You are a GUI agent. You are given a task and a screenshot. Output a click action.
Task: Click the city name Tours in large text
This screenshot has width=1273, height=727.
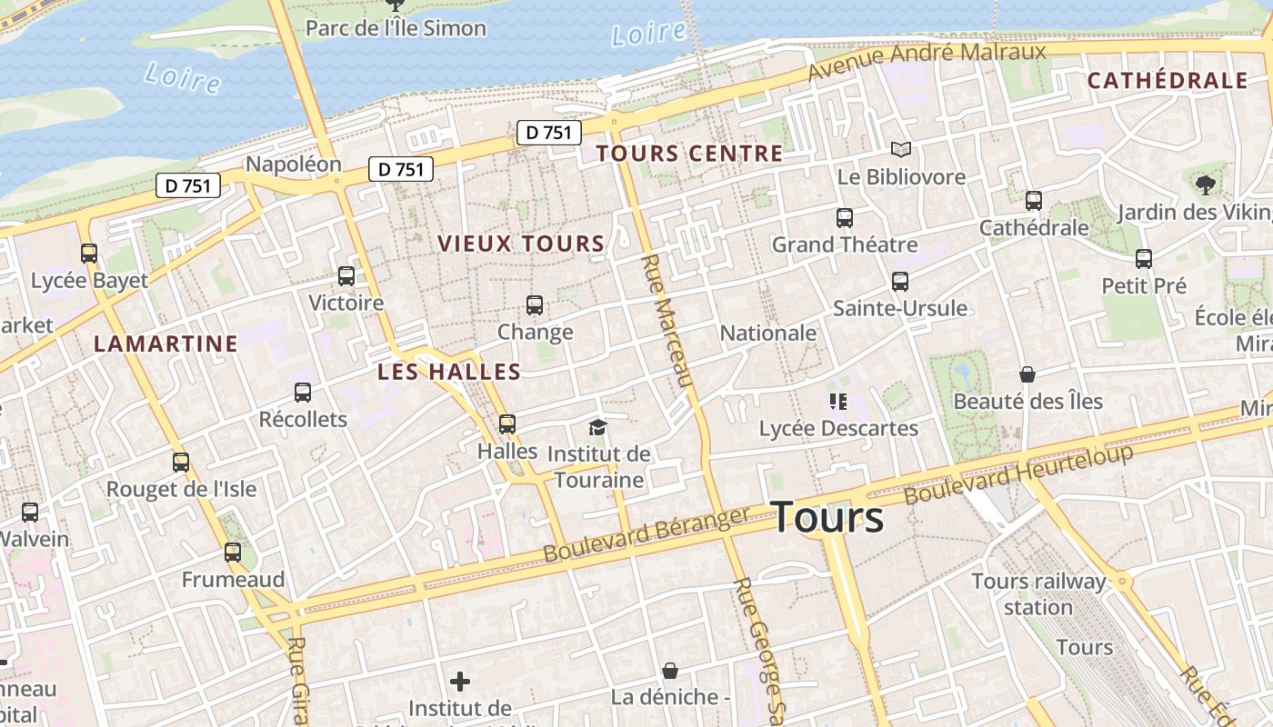(x=827, y=517)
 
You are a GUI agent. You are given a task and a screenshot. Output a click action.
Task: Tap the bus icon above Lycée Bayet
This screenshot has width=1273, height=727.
(x=88, y=254)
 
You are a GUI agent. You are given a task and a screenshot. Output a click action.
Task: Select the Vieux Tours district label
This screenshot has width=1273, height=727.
(x=521, y=244)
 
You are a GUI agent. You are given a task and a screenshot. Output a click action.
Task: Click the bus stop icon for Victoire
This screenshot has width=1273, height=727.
(x=346, y=276)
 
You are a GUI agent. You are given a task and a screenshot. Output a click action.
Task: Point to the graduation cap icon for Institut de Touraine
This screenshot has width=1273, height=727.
(x=597, y=427)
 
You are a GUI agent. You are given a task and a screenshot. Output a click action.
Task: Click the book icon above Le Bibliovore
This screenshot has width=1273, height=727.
(x=900, y=150)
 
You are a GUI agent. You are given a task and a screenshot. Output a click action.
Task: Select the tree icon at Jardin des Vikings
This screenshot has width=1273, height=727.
(x=1206, y=186)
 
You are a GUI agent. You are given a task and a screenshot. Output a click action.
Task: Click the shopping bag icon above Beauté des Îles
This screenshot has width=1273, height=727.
(x=1027, y=374)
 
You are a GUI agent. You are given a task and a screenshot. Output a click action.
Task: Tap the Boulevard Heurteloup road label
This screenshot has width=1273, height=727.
(x=1018, y=474)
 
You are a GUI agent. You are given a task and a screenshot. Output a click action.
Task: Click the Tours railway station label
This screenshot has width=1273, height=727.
(x=1038, y=593)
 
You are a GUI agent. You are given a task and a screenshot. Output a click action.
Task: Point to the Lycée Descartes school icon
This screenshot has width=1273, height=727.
(x=837, y=401)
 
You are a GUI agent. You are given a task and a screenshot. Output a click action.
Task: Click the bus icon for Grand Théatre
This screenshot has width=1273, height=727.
(x=844, y=218)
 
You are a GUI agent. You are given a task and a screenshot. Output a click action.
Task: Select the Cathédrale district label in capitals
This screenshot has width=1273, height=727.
(x=1168, y=80)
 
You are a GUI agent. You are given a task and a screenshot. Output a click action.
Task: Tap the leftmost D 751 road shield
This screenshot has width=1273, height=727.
(x=188, y=186)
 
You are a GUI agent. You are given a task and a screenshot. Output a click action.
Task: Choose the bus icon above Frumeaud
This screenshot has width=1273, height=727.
(x=233, y=553)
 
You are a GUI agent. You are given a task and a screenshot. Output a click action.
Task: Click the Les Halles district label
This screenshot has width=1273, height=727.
(x=449, y=371)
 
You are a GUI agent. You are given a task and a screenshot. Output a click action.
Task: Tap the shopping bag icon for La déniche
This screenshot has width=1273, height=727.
(x=670, y=671)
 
